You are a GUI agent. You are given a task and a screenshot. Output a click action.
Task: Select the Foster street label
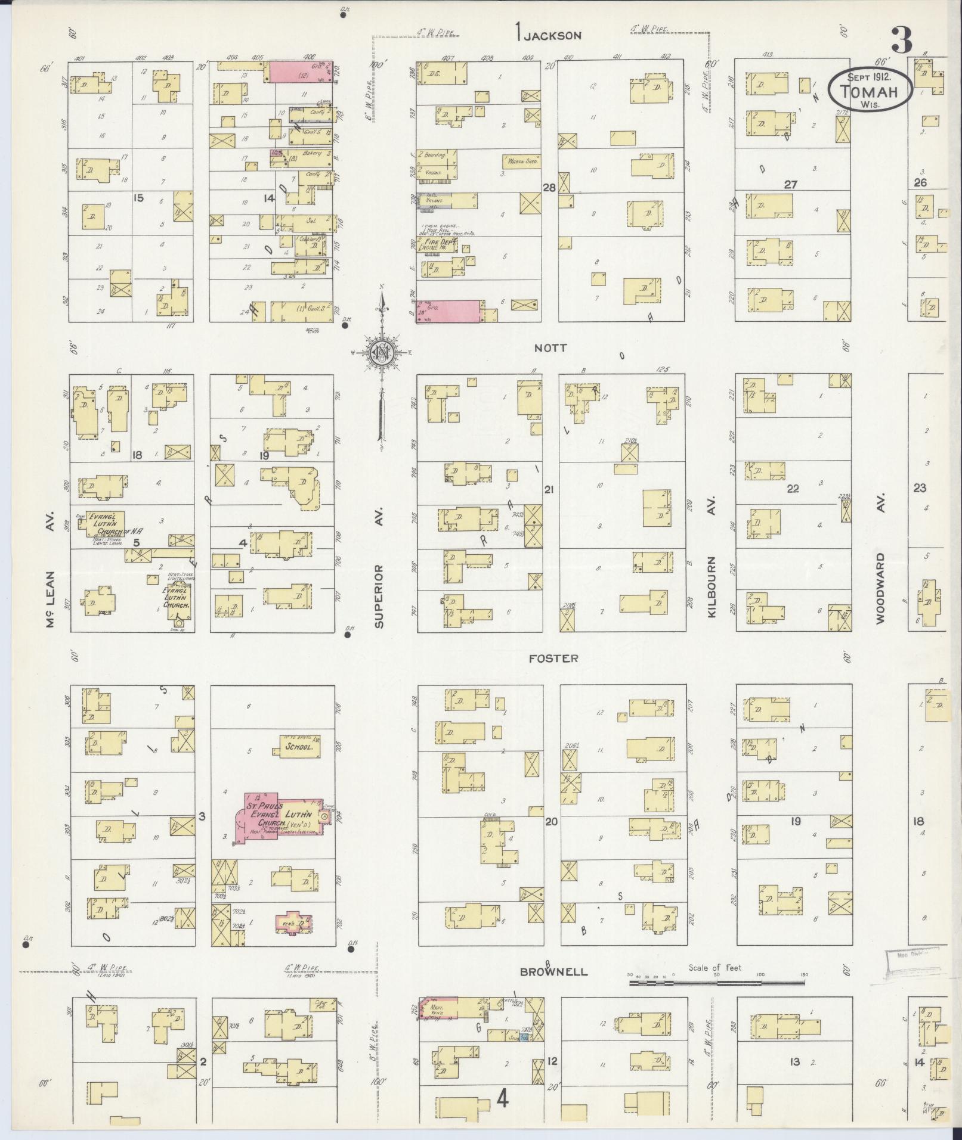point(545,658)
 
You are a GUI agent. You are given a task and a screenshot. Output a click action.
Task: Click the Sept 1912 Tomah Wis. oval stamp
point(870,89)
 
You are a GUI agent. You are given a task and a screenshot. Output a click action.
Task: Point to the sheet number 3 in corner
point(901,40)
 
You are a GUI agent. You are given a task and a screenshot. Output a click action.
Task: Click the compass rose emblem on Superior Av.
point(380,352)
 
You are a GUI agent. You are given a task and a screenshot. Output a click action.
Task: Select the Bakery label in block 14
point(313,153)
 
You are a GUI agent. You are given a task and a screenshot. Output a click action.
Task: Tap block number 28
point(549,188)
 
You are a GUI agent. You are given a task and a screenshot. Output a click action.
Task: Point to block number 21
point(549,489)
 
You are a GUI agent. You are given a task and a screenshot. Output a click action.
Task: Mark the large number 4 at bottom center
point(502,1099)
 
